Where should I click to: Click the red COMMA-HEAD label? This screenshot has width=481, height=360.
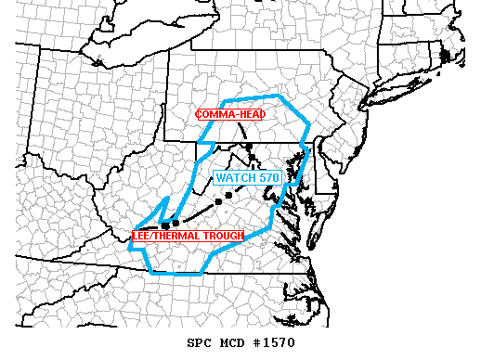[x=229, y=114]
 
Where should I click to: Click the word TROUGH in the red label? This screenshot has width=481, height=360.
[x=221, y=236]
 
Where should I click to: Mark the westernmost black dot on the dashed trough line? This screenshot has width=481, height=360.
[x=164, y=225]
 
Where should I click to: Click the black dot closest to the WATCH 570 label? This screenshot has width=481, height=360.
[x=227, y=193]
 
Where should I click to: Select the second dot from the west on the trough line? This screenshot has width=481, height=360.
[x=175, y=223]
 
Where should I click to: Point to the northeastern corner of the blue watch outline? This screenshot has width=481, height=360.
[x=282, y=96]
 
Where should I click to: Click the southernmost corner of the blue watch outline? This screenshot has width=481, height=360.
[x=202, y=276]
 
